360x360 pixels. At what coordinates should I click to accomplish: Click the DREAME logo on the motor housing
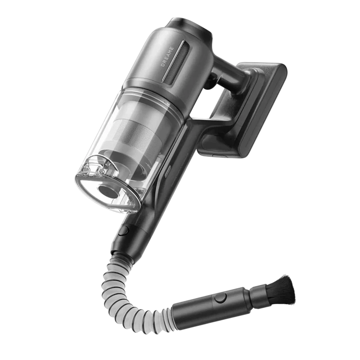coord(167,57)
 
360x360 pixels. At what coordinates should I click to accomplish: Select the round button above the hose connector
coord(124,230)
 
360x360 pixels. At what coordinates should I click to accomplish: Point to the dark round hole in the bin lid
coord(107,191)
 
